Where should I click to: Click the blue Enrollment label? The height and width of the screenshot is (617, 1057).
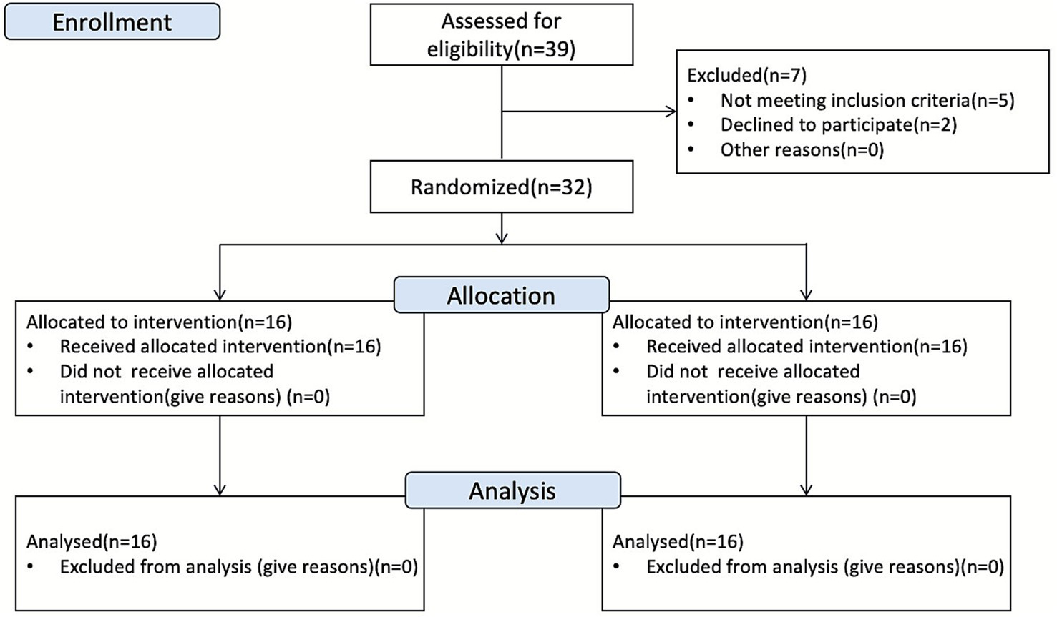[x=112, y=22]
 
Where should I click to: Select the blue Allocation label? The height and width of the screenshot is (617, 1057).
[x=501, y=295]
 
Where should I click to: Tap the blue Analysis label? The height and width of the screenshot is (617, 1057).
[x=512, y=490]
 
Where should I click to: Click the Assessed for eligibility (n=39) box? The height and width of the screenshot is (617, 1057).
[x=501, y=35]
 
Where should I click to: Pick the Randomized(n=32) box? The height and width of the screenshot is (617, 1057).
[x=501, y=187]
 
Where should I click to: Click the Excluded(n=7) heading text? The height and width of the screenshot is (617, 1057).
[x=746, y=75]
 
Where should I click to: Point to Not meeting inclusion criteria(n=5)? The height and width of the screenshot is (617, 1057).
[x=867, y=100]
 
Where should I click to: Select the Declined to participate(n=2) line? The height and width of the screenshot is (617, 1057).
[x=838, y=125]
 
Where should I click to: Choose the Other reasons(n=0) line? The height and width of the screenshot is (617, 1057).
[x=802, y=150]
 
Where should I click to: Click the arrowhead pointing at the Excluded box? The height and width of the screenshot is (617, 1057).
[x=671, y=112]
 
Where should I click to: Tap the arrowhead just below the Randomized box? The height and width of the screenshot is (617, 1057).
[x=502, y=237]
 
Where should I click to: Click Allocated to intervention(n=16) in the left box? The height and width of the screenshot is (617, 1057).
[x=159, y=322]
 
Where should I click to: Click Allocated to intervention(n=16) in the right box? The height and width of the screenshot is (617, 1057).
[x=745, y=322]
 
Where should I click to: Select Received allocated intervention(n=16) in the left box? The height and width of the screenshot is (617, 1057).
[x=220, y=347]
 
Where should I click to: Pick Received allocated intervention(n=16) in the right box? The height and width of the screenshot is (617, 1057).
[x=807, y=347]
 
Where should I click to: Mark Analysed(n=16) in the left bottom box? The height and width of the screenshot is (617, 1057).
[x=92, y=542]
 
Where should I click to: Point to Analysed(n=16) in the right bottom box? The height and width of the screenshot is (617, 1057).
[x=678, y=542]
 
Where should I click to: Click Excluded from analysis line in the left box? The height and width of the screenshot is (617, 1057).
[x=238, y=567]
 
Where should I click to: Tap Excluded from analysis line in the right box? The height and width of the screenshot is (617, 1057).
[x=824, y=567]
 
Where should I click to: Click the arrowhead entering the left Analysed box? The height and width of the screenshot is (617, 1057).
[x=220, y=490]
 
